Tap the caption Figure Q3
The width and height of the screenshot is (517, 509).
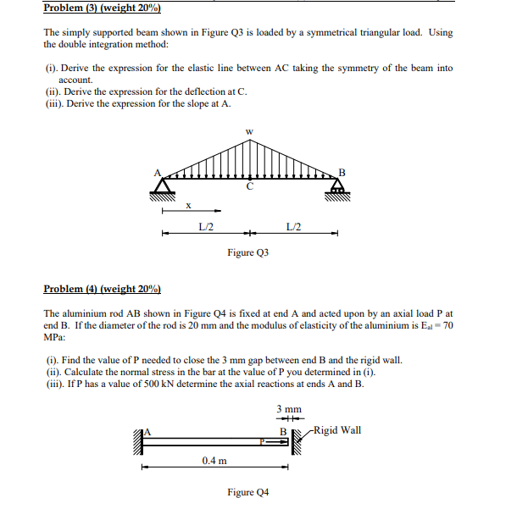click(x=247, y=252)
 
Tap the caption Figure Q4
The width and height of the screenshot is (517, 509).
click(x=247, y=492)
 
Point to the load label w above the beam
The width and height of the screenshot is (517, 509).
click(x=248, y=131)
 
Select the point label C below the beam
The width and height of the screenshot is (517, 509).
click(x=249, y=186)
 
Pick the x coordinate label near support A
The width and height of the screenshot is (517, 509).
click(x=188, y=205)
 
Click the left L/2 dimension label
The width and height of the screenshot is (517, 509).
click(x=205, y=225)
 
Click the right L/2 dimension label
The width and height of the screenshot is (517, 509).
click(x=293, y=225)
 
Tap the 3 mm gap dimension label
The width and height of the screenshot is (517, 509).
click(x=288, y=409)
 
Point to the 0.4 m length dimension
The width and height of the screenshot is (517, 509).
click(x=214, y=460)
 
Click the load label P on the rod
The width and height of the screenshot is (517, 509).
click(x=264, y=440)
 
